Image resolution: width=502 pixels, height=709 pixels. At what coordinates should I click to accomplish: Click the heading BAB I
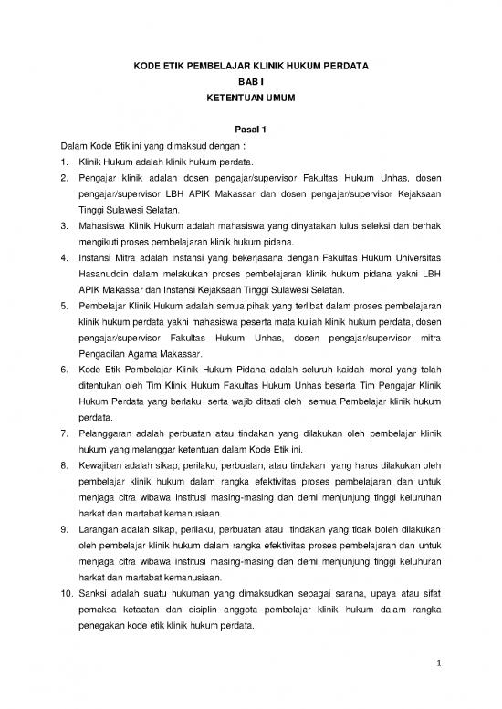(x=249, y=81)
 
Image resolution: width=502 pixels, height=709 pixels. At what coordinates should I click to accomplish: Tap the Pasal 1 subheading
(x=249, y=130)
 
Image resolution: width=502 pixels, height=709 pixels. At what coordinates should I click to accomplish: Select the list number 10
(x=66, y=593)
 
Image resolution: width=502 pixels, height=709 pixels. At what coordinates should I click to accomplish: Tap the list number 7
(x=64, y=433)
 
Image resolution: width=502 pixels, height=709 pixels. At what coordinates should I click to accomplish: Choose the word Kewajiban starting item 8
(x=102, y=465)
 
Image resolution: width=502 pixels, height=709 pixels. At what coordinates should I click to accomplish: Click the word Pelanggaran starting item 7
(x=108, y=433)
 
